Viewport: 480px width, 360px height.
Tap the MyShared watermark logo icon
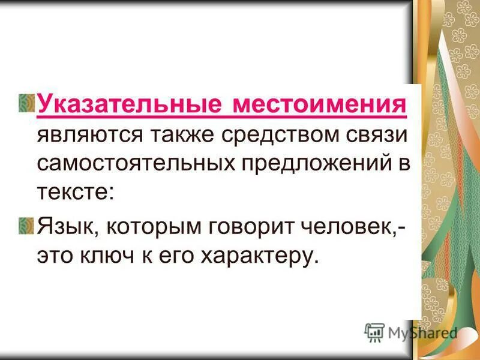(x=374, y=332)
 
